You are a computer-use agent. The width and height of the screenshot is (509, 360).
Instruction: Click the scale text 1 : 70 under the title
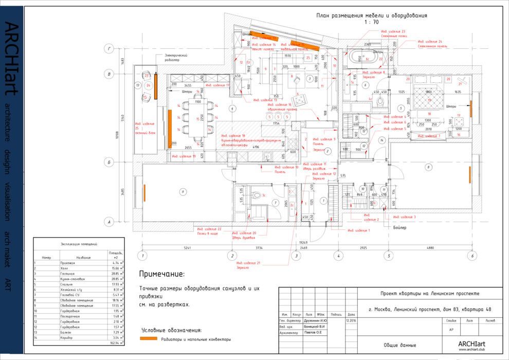point(371,23)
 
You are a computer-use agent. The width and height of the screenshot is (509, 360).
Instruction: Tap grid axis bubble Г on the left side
point(108,49)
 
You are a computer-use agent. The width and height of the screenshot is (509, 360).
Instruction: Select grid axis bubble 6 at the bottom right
point(471,255)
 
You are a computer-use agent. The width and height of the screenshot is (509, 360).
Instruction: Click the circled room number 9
point(182,192)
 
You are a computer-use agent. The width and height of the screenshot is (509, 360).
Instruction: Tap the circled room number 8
point(428,167)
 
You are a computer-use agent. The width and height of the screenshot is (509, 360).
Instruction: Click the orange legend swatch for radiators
point(149,339)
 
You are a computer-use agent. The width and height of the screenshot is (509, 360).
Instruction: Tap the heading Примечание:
point(161,274)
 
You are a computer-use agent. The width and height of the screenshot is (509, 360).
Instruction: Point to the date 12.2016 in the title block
point(351,319)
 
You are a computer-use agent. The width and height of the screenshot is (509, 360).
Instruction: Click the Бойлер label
point(400,227)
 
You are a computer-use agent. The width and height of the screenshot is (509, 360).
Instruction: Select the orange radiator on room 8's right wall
point(469,174)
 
